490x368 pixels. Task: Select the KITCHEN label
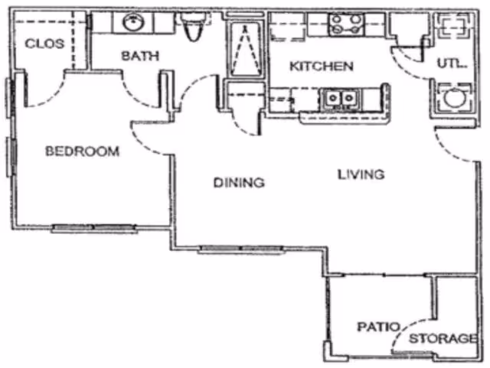321,67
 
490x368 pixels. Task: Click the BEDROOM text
82,151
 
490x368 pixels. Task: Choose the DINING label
238,183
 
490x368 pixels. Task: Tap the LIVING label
361,174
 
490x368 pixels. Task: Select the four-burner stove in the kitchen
345,23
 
